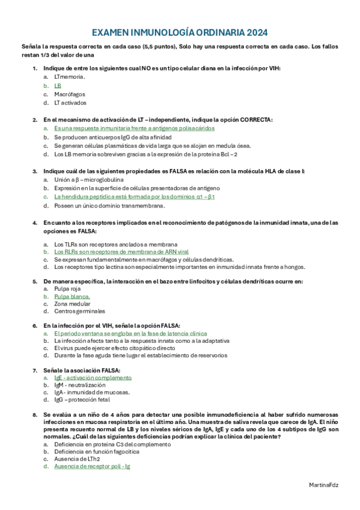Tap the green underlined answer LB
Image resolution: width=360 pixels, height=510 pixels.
[x=58, y=85]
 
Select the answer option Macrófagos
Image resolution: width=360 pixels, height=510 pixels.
[x=69, y=94]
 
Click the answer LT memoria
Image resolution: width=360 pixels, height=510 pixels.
[x=69, y=77]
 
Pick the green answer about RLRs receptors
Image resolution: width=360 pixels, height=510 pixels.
[x=121, y=252]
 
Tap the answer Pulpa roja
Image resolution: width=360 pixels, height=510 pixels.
[x=67, y=289]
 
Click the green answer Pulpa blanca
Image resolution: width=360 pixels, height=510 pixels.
[x=72, y=297]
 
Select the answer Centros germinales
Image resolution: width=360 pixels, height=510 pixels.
[x=79, y=312]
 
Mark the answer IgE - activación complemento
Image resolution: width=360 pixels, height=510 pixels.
[x=93, y=378]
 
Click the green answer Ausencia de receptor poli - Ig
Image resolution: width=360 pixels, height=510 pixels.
[x=92, y=466]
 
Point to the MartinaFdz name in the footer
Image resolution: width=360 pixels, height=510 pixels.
[x=323, y=484]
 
